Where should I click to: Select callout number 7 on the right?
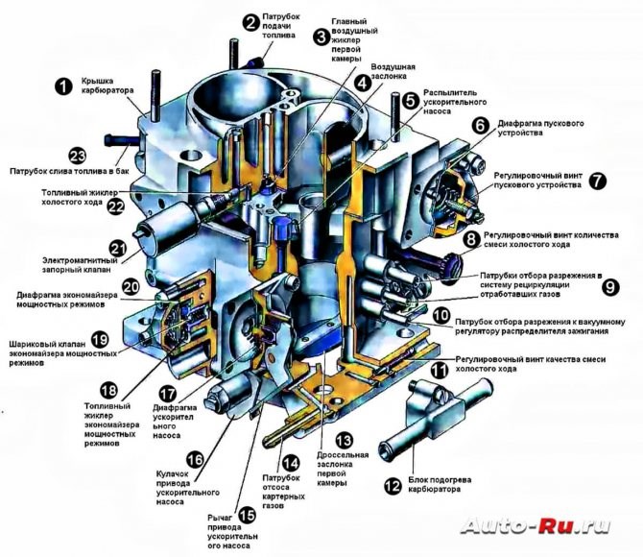(x=598, y=180)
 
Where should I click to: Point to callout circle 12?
(x=392, y=486)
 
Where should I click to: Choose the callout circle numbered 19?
(x=99, y=340)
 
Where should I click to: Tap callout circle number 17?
(x=167, y=394)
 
